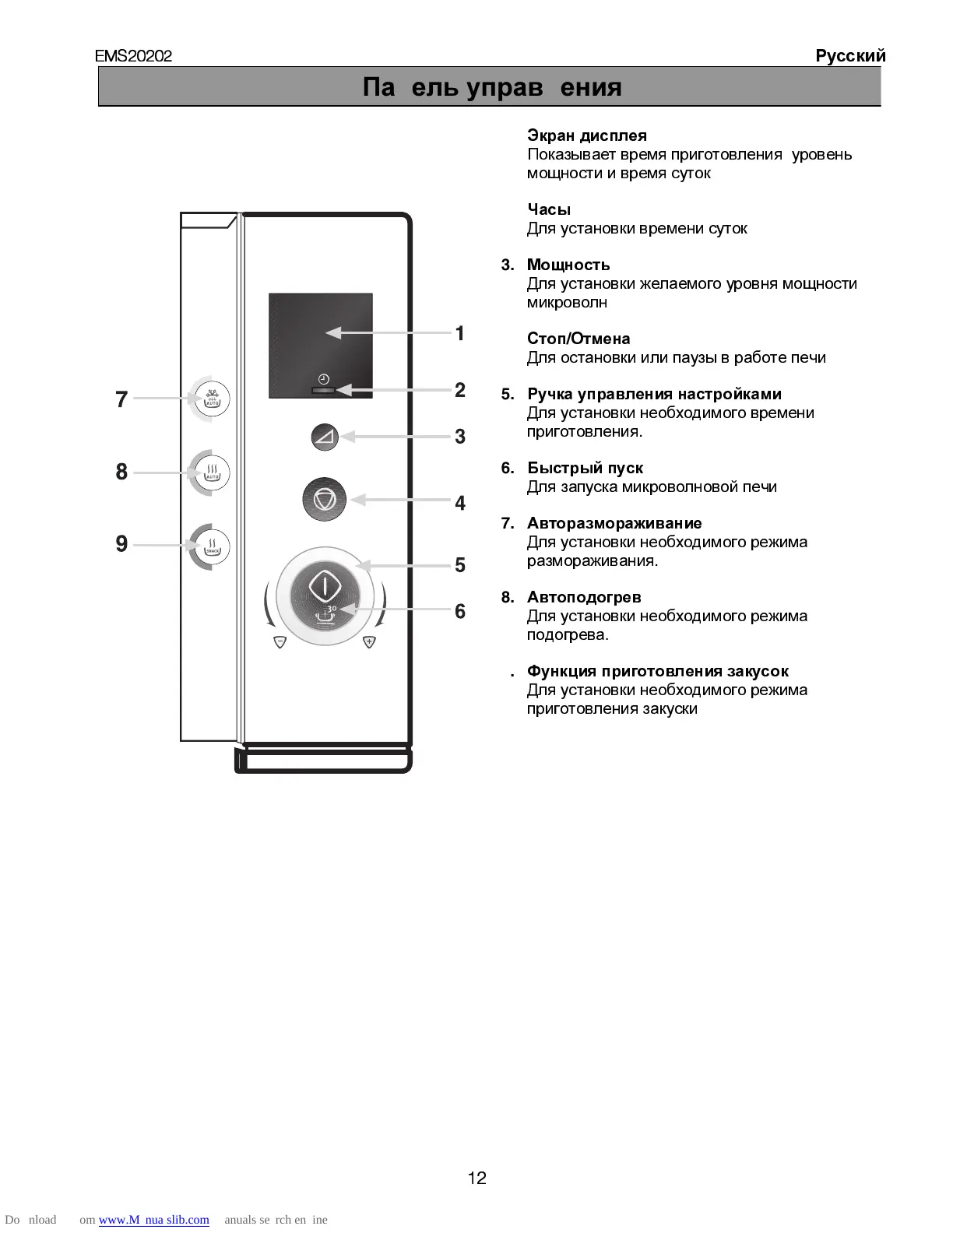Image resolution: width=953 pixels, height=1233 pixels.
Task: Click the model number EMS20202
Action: [133, 56]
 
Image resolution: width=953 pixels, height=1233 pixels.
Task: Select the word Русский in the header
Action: [850, 56]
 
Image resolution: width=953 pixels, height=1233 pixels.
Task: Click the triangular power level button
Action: [323, 437]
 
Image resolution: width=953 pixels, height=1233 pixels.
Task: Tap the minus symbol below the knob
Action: [280, 642]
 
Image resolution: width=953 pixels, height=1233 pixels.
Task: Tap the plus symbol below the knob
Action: [369, 642]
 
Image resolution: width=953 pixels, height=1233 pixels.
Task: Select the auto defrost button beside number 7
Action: [212, 399]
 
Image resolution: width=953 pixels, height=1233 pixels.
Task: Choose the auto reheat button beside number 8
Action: [212, 471]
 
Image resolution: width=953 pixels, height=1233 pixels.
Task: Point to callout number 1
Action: [460, 333]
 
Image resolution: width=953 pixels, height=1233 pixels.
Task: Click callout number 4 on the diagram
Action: [460, 504]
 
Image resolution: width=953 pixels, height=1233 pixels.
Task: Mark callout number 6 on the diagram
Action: [460, 612]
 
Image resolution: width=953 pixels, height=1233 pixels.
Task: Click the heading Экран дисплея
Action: [586, 135]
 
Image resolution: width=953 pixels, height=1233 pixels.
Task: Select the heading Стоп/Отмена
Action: [578, 339]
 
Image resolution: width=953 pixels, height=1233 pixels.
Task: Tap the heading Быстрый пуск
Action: [585, 468]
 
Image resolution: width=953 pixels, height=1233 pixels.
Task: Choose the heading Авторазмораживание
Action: [614, 523]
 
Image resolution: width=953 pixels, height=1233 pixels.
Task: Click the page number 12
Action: [476, 1178]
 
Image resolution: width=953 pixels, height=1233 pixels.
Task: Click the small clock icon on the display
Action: [323, 378]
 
